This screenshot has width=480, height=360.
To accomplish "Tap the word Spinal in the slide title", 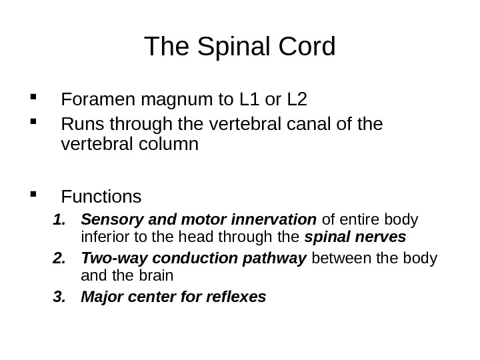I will [x=230, y=47].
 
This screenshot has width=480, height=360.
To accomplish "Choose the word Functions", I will [x=101, y=197].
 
